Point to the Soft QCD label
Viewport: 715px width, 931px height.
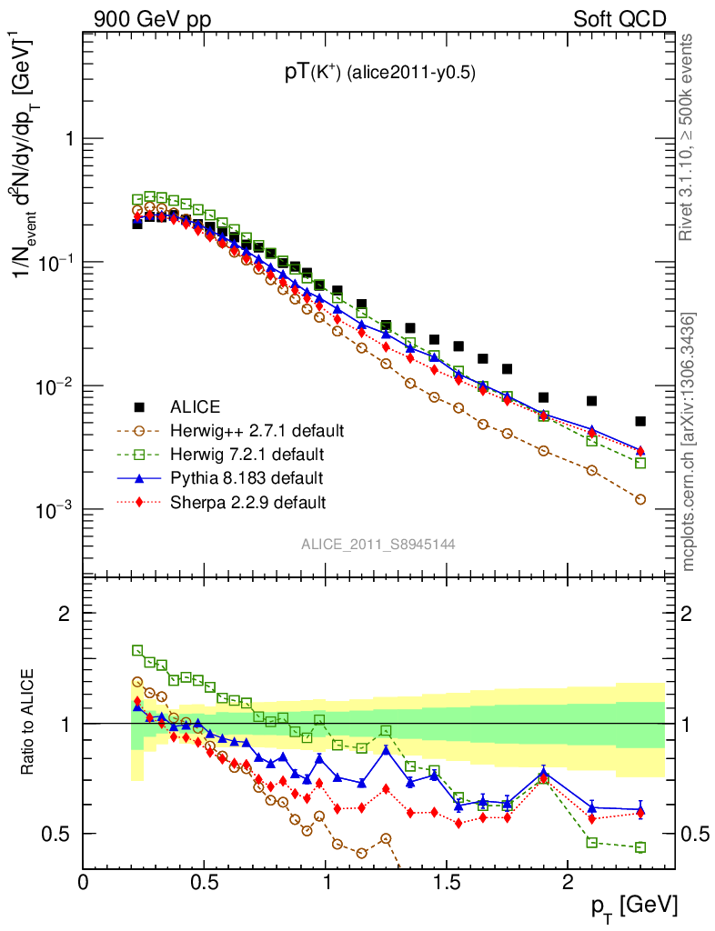click(619, 18)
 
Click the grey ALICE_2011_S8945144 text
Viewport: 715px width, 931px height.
click(378, 544)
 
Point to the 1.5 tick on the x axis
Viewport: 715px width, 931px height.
click(446, 881)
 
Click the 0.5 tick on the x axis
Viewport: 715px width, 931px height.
click(205, 881)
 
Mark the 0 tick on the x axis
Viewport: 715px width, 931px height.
click(84, 881)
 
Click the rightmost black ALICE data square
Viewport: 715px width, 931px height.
click(640, 421)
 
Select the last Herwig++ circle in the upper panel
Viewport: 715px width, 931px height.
click(640, 499)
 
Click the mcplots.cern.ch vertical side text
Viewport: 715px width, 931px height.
click(689, 442)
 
